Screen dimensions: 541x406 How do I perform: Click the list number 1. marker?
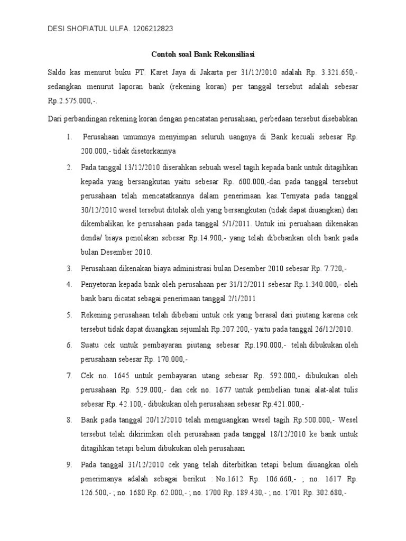[x=69, y=137]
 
